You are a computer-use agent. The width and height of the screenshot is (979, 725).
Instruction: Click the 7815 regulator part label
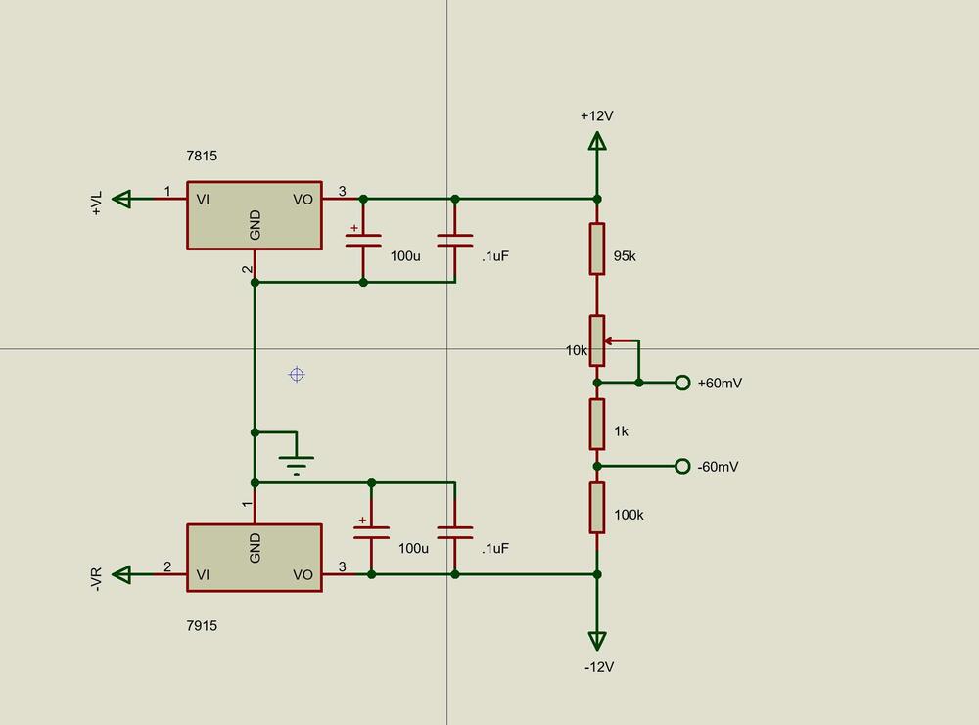[202, 156]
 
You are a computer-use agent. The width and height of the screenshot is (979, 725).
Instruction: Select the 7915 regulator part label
[202, 625]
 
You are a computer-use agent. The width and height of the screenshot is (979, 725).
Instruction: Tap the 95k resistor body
[597, 249]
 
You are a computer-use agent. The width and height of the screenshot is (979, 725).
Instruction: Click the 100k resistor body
[597, 507]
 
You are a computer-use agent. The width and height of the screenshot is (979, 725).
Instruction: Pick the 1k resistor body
[597, 424]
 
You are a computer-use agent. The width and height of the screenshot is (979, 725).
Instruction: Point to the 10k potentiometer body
[597, 340]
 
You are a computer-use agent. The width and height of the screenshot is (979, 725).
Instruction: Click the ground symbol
[297, 459]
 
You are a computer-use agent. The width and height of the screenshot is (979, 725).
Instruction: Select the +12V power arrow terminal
[596, 141]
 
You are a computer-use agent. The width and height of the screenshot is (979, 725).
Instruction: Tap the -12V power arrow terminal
[596, 641]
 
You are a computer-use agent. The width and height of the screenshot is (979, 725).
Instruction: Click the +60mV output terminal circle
[682, 383]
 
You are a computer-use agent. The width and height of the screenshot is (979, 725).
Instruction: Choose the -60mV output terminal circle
[682, 466]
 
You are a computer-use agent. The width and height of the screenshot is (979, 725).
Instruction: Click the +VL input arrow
[121, 200]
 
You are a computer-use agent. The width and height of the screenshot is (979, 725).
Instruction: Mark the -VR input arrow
[121, 574]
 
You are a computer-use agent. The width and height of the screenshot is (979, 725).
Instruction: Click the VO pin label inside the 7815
[303, 200]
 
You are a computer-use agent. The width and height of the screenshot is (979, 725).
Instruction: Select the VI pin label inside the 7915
[203, 574]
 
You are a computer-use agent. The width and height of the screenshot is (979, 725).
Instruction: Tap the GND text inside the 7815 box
[256, 225]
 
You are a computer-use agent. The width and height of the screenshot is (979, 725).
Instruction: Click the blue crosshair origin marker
[297, 374]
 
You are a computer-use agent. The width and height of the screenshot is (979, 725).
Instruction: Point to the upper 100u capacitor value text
[405, 256]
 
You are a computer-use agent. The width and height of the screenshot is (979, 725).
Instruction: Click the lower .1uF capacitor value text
[495, 549]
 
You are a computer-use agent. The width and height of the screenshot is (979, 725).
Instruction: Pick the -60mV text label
[719, 467]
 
